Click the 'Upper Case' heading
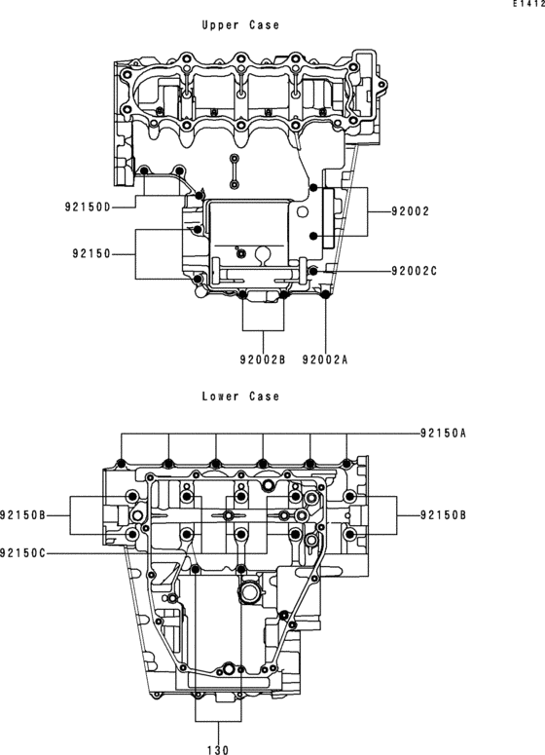239,25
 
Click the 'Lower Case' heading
239,396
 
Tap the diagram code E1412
529,5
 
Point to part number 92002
410,210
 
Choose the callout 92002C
414,271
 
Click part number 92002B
262,359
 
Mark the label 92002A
324,359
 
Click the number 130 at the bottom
217,750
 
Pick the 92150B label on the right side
444,514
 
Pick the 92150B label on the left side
23,514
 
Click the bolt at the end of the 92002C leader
313,270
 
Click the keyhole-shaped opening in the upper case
260,255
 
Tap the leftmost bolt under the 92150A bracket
122,462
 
